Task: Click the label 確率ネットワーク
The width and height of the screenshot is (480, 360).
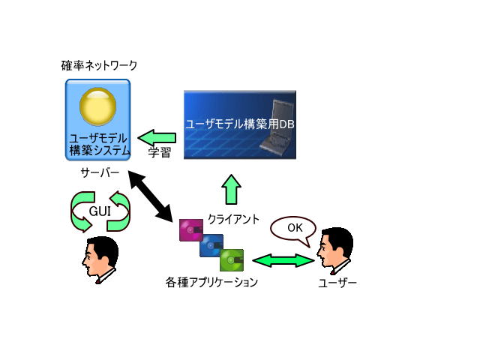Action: [99, 65]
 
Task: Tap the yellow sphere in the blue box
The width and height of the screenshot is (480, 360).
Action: [98, 106]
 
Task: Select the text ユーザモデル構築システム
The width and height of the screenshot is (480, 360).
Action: [99, 145]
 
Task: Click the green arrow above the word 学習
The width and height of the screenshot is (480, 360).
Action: [157, 138]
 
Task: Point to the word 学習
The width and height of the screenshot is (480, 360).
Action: [159, 152]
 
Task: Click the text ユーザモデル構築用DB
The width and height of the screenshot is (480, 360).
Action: [240, 124]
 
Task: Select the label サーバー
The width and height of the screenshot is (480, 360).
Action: [100, 173]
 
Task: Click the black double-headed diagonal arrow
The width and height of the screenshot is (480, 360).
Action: [150, 196]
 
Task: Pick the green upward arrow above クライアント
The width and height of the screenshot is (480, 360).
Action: [231, 190]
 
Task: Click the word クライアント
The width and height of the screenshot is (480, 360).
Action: [233, 219]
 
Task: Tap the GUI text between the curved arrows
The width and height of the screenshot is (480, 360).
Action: [100, 211]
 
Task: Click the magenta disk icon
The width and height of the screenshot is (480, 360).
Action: [191, 230]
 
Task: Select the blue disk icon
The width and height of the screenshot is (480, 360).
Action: [211, 245]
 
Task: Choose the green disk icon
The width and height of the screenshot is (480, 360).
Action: [232, 260]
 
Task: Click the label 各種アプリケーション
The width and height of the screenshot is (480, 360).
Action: [211, 282]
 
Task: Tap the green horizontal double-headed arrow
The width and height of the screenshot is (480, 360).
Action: [283, 260]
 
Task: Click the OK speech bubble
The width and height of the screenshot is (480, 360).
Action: [293, 230]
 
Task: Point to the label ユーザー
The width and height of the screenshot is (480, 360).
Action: [337, 283]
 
